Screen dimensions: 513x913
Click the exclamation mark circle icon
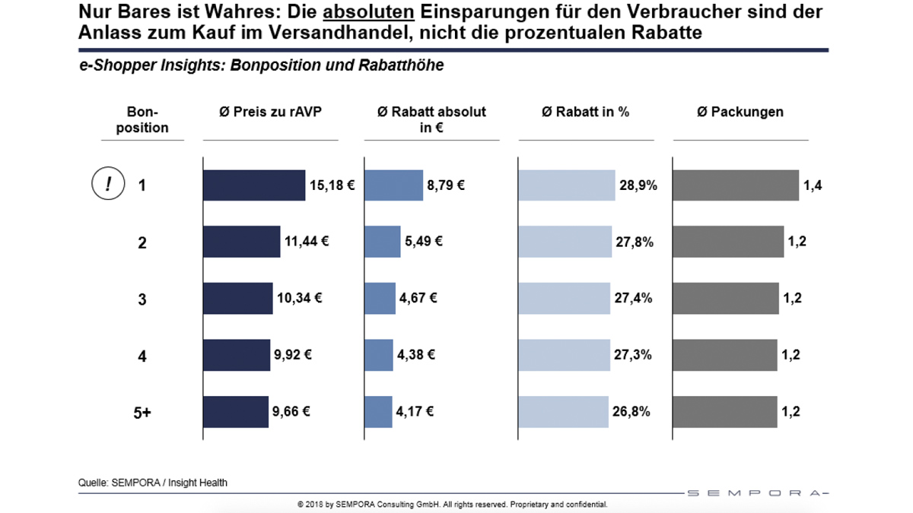(x=108, y=184)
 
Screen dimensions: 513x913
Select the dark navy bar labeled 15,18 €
(x=253, y=185)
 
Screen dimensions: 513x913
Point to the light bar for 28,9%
(x=566, y=185)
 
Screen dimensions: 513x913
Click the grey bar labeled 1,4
(x=736, y=185)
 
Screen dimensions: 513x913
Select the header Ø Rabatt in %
(x=585, y=112)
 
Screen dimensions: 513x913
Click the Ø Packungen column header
(x=740, y=112)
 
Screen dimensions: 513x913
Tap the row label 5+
(x=142, y=412)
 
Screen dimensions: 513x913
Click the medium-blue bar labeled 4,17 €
(x=378, y=412)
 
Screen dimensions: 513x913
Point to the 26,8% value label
(x=632, y=412)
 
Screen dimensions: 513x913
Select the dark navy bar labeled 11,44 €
(x=241, y=242)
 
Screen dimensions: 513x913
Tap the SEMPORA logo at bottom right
(x=756, y=492)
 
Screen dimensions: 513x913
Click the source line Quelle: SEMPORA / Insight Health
(x=152, y=483)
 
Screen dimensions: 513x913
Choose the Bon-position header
(x=142, y=119)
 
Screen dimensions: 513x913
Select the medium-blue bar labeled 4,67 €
(x=380, y=298)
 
